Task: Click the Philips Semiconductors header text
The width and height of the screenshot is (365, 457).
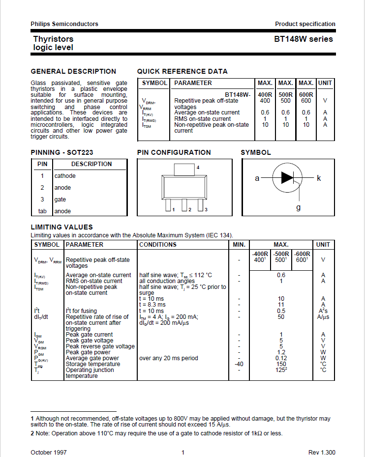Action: [64, 24]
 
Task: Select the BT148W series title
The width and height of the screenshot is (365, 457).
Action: [303, 39]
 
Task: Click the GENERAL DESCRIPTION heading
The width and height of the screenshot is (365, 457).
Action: [73, 71]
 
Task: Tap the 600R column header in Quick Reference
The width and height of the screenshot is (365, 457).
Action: [306, 95]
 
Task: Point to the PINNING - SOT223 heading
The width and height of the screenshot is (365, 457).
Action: [62, 152]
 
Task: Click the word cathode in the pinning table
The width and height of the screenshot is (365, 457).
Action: [65, 176]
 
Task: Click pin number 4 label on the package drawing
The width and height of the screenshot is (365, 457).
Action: [198, 168]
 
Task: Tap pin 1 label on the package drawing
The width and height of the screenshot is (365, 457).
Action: [173, 210]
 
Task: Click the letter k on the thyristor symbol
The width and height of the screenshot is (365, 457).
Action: [319, 178]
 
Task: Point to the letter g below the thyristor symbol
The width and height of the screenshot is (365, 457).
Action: [298, 207]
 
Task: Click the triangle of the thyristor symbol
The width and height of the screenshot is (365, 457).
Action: [287, 178]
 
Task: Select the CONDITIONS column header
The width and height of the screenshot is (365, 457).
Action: [157, 245]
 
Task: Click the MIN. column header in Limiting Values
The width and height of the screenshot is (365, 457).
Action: [239, 245]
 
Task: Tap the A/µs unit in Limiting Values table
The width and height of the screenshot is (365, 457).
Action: [323, 317]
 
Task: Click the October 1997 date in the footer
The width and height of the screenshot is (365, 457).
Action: [49, 452]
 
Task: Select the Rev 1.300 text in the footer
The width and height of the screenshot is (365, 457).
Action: [322, 452]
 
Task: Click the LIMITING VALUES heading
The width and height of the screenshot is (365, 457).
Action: [61, 227]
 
